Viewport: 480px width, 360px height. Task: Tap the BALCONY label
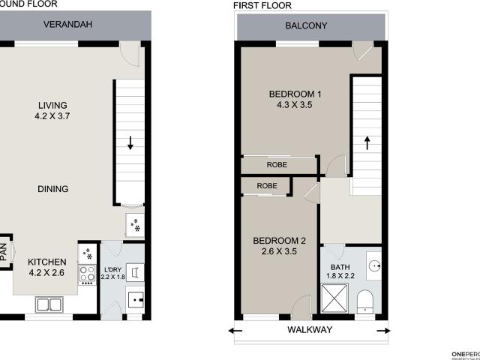(306, 25)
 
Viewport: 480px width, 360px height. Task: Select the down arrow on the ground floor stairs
(131, 142)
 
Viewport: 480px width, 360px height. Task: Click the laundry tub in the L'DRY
(136, 300)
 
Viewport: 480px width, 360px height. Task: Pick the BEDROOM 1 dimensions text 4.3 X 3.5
(295, 106)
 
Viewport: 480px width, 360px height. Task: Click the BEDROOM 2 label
(279, 241)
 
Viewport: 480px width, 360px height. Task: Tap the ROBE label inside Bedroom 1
(277, 165)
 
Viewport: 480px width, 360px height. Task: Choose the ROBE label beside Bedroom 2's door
(267, 185)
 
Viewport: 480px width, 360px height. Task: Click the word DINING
(52, 189)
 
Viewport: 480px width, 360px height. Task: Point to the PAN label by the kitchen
(3, 250)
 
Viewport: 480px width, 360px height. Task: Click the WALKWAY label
(310, 329)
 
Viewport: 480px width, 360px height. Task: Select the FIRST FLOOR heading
(262, 6)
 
